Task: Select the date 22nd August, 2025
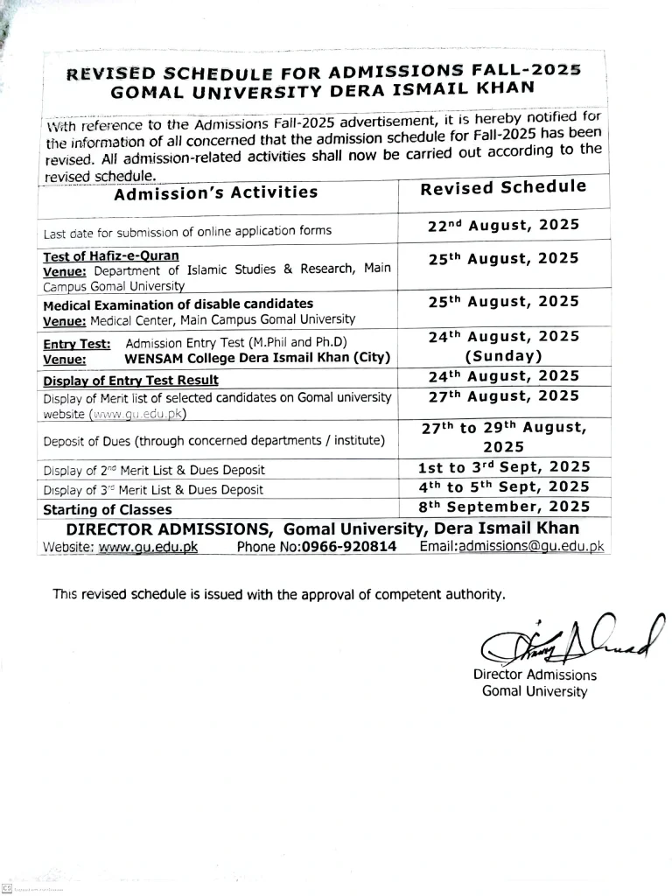[503, 226]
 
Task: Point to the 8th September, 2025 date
[503, 507]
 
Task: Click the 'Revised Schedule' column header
[503, 188]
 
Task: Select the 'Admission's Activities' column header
[216, 192]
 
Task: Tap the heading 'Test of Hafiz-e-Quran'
[111, 256]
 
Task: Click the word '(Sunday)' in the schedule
[503, 356]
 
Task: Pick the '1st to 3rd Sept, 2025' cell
[504, 468]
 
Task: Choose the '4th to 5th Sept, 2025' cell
[504, 487]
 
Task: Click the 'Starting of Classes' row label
[108, 509]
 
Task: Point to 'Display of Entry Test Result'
[131, 381]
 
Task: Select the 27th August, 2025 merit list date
[503, 396]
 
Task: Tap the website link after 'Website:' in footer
[148, 547]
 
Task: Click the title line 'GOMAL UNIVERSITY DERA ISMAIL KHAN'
[322, 89]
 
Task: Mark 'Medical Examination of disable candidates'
[178, 304]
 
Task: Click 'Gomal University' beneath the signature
[535, 691]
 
